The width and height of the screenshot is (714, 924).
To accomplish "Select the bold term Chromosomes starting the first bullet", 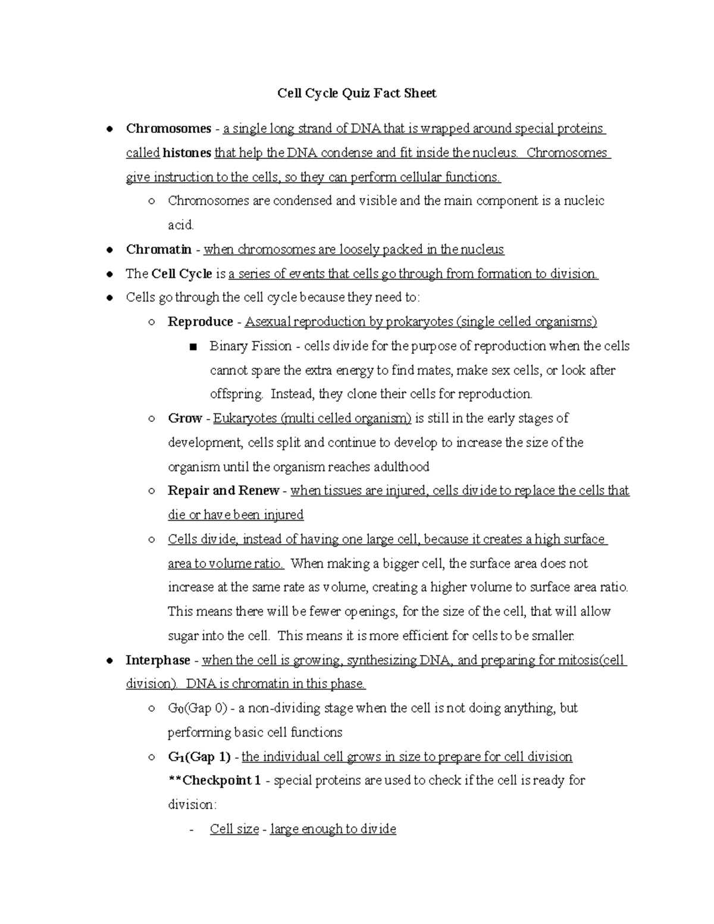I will [x=168, y=129].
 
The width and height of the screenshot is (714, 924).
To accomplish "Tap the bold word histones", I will [x=187, y=153].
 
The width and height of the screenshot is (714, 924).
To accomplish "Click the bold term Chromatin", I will [x=158, y=249].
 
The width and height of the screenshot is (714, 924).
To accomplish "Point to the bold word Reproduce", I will [x=201, y=322].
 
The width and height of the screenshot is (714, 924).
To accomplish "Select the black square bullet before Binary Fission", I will [x=192, y=347].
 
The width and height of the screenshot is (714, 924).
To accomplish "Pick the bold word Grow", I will [x=184, y=418].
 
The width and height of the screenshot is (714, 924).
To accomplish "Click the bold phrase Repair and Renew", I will [x=223, y=491].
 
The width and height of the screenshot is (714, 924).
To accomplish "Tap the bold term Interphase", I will [x=158, y=660].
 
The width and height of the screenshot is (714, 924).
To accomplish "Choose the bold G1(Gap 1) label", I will [x=199, y=757].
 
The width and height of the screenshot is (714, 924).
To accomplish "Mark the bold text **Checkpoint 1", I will [x=214, y=781].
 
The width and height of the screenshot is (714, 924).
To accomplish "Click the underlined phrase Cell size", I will [x=234, y=829].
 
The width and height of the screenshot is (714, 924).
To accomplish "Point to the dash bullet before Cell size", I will [x=191, y=829].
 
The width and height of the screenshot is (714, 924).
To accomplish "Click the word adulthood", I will [x=401, y=467].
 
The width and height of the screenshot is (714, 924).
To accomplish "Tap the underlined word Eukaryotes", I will [x=245, y=418].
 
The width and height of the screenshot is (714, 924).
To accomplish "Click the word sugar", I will [x=183, y=636].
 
